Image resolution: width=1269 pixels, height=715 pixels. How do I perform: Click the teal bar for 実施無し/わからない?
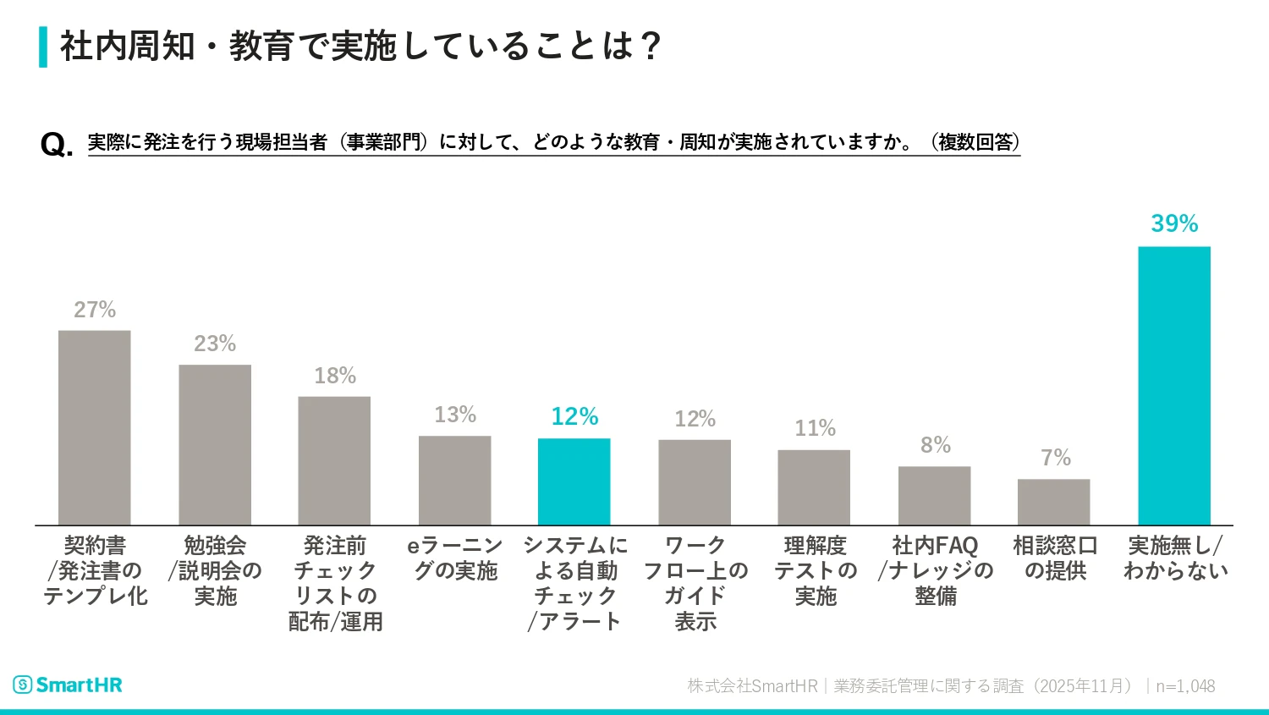tap(1173, 385)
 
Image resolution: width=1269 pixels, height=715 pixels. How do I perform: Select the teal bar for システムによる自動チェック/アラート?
tap(574, 481)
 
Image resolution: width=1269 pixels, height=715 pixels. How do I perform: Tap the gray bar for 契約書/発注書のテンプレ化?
tap(94, 427)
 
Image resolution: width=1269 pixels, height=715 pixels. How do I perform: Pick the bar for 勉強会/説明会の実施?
tap(215, 444)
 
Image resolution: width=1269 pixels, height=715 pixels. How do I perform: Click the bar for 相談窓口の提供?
tap(1053, 502)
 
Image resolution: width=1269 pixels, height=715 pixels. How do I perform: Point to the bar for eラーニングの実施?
tap(454, 480)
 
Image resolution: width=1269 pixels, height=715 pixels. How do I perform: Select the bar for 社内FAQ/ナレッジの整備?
tap(934, 495)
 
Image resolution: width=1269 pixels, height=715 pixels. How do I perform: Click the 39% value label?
tap(1174, 223)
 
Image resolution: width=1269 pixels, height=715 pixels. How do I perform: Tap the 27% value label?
tap(94, 310)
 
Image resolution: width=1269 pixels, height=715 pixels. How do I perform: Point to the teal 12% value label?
tap(574, 416)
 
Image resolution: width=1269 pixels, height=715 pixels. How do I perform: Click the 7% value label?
tap(1055, 458)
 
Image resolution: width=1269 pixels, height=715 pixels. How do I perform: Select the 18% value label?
tap(334, 376)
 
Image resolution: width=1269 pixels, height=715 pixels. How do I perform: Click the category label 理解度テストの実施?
tap(815, 570)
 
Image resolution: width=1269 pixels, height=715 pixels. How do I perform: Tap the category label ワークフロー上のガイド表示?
tap(695, 583)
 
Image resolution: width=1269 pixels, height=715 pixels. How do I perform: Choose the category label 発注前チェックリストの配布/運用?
tap(335, 583)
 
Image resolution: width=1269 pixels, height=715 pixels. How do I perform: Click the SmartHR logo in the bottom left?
tap(68, 685)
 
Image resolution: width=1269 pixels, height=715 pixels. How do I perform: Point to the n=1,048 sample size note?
tap(1185, 686)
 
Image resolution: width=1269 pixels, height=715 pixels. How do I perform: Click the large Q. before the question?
tap(56, 145)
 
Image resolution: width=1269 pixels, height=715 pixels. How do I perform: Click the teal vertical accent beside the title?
tap(43, 47)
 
